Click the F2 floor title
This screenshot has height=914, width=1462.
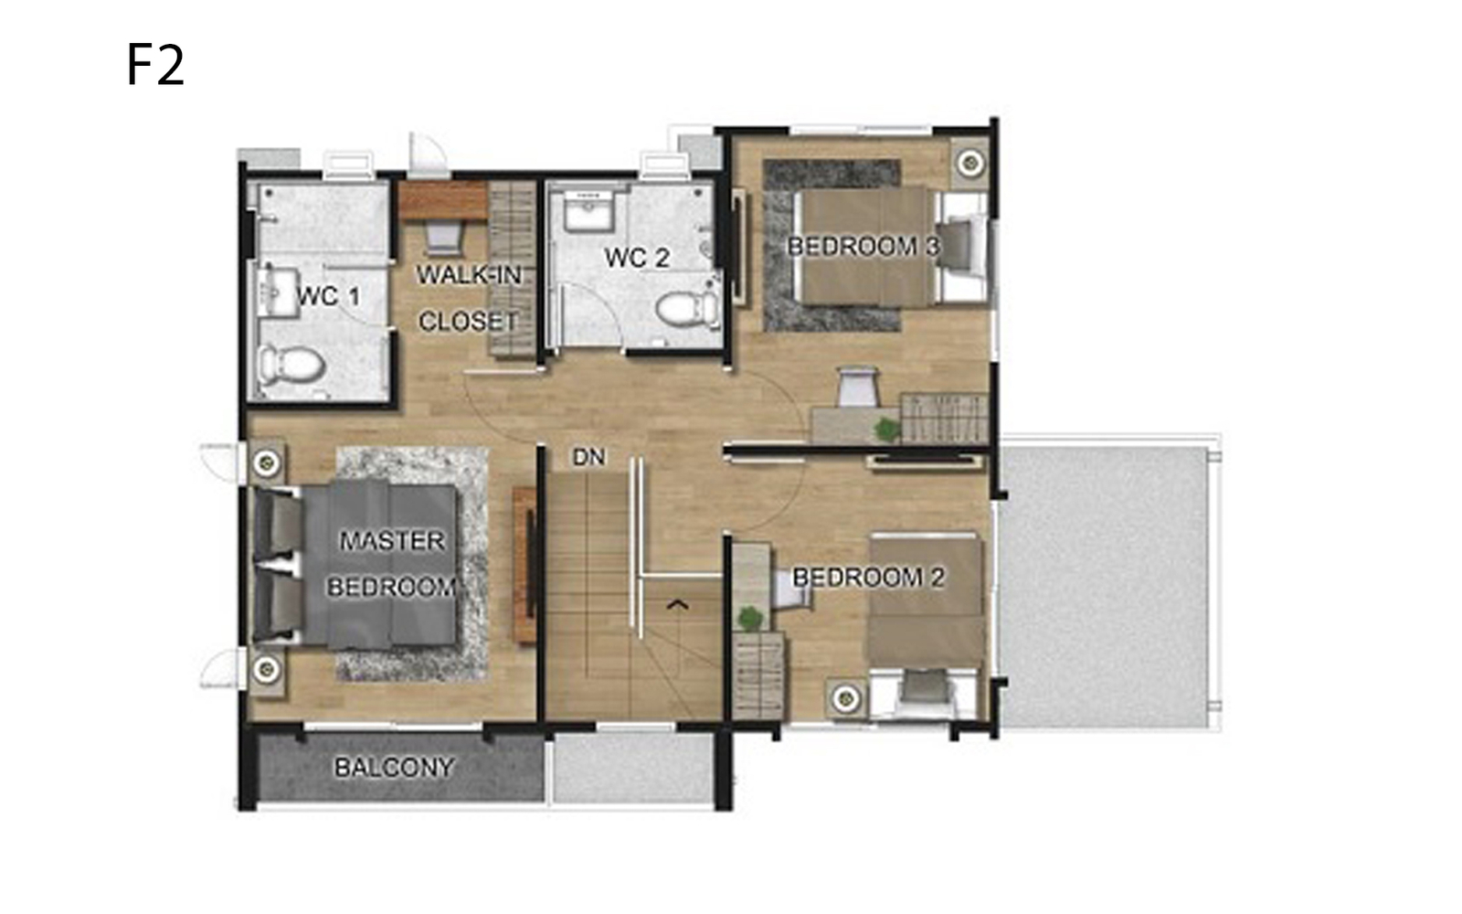pos(155,65)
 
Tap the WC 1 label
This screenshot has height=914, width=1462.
pos(328,297)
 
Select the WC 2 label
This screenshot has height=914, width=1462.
pos(637,258)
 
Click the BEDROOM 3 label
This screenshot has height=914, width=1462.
pos(863,247)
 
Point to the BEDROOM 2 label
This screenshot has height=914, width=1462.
pos(868,577)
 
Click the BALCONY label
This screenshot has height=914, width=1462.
pos(394,768)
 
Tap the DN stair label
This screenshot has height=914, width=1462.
pos(588,458)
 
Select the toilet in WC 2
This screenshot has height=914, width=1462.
pos(687,309)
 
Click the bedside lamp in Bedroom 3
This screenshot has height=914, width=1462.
pos(969,161)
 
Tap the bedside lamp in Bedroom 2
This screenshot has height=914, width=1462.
pos(846,698)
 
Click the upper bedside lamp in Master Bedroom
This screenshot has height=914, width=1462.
pos(266,462)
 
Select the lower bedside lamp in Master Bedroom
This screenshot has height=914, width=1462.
pos(266,668)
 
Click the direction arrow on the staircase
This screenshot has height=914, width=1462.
pos(677,605)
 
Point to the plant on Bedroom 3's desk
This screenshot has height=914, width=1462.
pos(886,429)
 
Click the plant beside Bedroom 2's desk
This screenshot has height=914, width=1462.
pos(749,618)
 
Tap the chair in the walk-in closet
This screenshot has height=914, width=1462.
pos(444,237)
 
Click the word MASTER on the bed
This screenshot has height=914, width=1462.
pos(392,541)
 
